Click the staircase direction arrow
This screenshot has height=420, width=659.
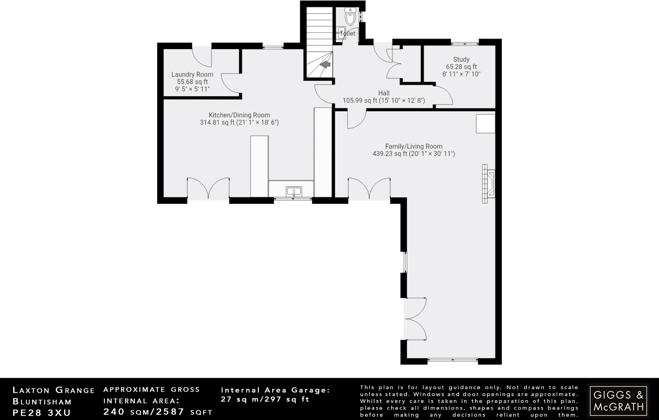326,65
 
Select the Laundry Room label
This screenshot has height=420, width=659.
192,74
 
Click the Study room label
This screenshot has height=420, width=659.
461,59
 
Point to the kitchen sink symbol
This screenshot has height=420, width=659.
294,192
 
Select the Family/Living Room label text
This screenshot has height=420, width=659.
414,146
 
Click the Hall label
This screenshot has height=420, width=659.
384,93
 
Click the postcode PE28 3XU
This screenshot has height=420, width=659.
42,413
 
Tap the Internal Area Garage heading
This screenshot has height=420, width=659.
275,390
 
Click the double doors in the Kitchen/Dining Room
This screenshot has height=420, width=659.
208,188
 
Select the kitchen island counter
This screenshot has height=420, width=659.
259,166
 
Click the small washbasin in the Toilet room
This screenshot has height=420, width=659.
341,33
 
